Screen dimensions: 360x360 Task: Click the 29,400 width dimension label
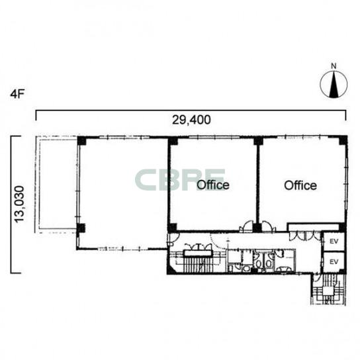191,120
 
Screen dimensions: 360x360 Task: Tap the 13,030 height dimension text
19,204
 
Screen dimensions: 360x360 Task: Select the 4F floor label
17,94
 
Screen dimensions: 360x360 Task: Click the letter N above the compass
334,66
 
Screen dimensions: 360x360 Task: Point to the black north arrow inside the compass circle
334,84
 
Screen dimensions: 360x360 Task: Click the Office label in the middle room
213,185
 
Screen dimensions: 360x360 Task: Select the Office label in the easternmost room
300,185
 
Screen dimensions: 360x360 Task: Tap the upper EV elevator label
334,242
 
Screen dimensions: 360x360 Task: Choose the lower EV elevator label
334,262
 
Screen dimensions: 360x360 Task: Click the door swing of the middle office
247,226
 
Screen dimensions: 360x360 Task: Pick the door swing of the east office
268,226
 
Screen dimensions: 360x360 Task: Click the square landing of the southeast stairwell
328,291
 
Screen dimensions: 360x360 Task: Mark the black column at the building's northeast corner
343,140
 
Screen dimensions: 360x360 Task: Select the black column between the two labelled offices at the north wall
258,140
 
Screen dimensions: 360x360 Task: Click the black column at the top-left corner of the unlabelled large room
81,140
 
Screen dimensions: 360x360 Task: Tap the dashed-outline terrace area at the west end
56,185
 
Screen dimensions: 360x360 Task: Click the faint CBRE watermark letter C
146,180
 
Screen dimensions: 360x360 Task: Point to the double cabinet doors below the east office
304,236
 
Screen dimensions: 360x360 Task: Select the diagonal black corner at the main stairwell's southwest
171,269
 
